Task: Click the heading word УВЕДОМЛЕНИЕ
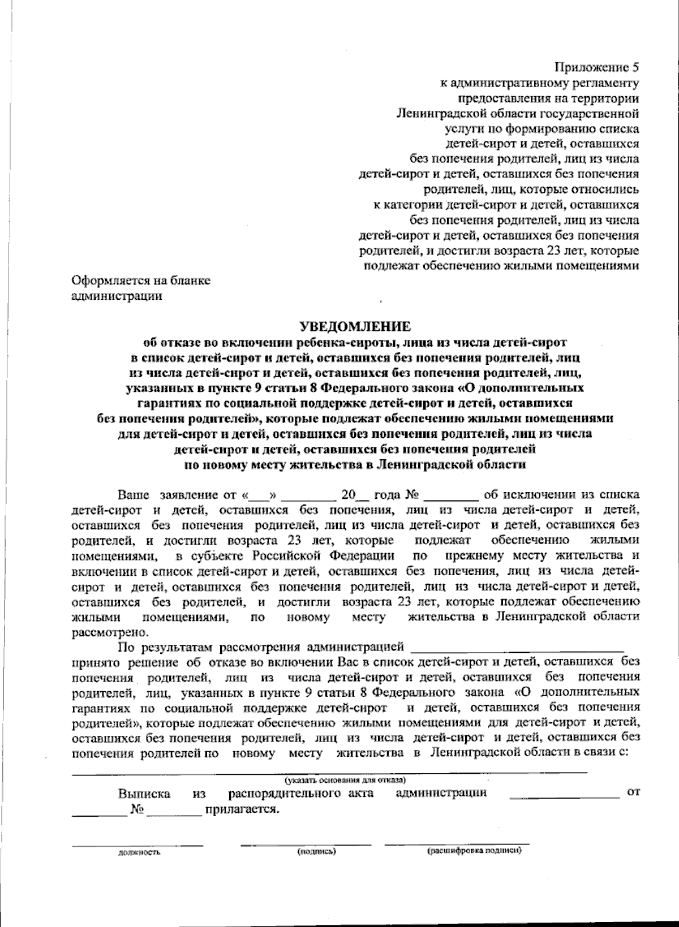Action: pos(355,327)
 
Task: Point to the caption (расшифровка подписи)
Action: pos(474,851)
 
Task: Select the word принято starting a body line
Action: pos(94,661)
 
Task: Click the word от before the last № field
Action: pos(633,793)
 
